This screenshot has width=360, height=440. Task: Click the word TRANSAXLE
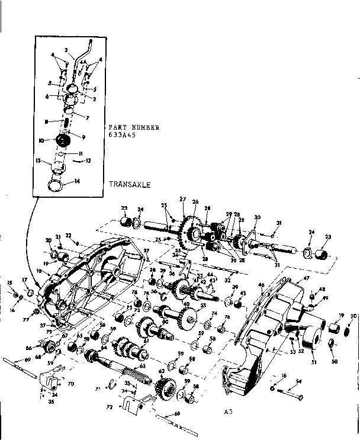coord(129,184)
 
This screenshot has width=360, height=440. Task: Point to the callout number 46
coord(260,285)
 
